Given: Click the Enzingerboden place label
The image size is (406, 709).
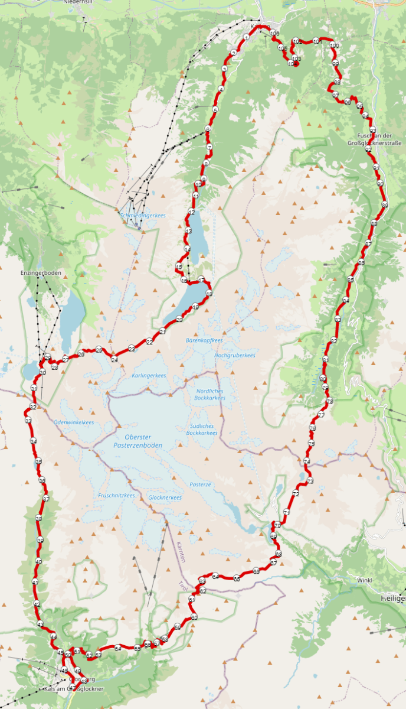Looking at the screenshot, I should click(41, 273).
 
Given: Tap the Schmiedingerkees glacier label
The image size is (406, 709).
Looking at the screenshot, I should click(142, 216).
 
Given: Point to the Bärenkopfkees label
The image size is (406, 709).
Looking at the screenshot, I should click(204, 341).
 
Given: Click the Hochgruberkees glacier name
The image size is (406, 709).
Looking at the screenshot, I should click(234, 355).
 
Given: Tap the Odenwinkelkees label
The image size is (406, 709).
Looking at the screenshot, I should click(74, 422).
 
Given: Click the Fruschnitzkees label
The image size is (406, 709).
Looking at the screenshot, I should click(117, 495).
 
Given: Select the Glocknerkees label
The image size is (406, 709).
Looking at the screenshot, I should click(165, 497).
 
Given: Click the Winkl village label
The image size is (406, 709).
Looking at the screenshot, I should click(364, 580).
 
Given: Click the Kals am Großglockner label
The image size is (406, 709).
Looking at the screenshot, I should click(74, 689).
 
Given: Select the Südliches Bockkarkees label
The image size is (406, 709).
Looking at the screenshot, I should click(202, 429).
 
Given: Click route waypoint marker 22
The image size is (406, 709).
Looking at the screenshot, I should click(149, 342).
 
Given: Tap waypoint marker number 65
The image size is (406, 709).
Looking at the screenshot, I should click(237, 578).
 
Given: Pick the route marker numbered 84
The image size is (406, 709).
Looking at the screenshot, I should click(346, 301).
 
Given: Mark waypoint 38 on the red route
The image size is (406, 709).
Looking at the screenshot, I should click(38, 518).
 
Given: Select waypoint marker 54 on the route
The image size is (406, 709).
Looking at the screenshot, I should click(118, 648).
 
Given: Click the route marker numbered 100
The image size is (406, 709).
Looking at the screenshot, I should click(335, 45).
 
